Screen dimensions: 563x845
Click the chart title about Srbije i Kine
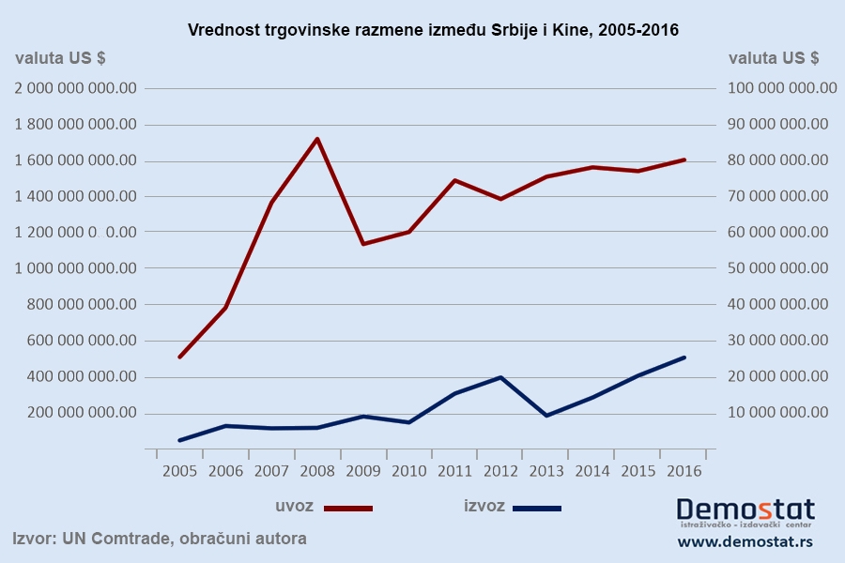tap(433, 30)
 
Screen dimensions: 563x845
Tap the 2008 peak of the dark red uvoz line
tap(317, 139)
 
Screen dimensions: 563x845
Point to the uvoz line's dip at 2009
tap(363, 244)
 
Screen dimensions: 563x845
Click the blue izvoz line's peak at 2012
tap(500, 377)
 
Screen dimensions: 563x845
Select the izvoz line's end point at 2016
tap(684, 358)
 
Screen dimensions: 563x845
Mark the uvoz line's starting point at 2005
tap(179, 357)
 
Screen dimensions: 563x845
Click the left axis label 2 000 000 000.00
tap(76, 88)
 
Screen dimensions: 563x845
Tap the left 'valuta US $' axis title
tap(60, 57)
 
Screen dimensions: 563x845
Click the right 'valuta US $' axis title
tap(774, 57)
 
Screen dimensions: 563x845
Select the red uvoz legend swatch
tap(348, 508)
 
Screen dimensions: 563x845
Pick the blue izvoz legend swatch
tap(537, 508)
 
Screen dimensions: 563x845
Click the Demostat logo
tap(745, 511)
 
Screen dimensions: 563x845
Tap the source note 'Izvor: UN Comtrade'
tap(160, 539)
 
